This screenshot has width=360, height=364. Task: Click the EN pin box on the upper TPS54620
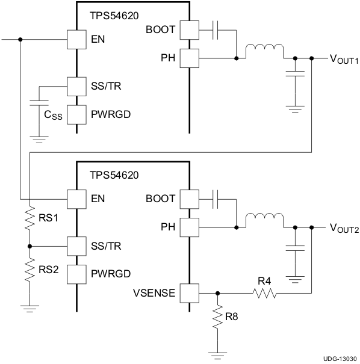pyautogui.click(x=76, y=40)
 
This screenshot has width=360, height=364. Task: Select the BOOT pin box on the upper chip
pyautogui.click(x=189, y=29)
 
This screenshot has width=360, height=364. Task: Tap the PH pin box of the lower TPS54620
pyautogui.click(x=189, y=227)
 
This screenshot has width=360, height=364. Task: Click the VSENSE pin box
pyautogui.click(x=189, y=293)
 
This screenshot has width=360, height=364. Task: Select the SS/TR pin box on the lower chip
pyautogui.click(x=76, y=246)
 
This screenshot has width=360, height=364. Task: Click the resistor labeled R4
pyautogui.click(x=264, y=293)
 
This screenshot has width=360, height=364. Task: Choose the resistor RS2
pyautogui.click(x=29, y=270)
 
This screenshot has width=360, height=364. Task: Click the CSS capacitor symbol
pyautogui.click(x=39, y=100)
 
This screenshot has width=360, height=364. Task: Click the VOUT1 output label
pyautogui.click(x=344, y=60)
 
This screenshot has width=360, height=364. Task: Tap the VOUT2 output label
pyautogui.click(x=344, y=229)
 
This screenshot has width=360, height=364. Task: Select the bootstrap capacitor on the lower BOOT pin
pyautogui.click(x=217, y=198)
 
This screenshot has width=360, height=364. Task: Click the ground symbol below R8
pyautogui.click(x=217, y=353)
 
